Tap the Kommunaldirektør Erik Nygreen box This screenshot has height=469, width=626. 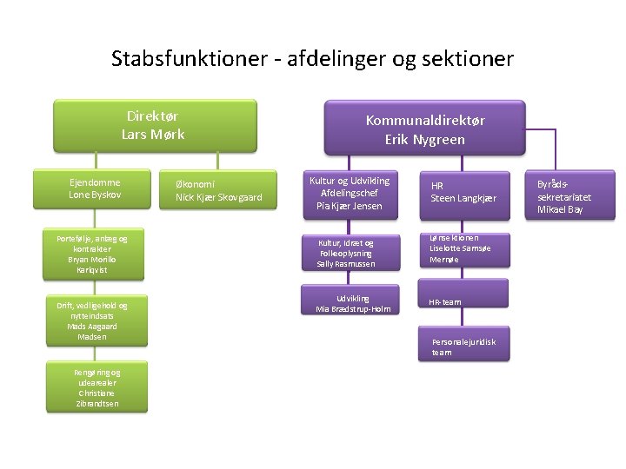425,129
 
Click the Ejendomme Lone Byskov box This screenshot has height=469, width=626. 96,188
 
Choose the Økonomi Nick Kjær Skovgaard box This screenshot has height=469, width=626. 219,192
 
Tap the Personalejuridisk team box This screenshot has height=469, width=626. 464,347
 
